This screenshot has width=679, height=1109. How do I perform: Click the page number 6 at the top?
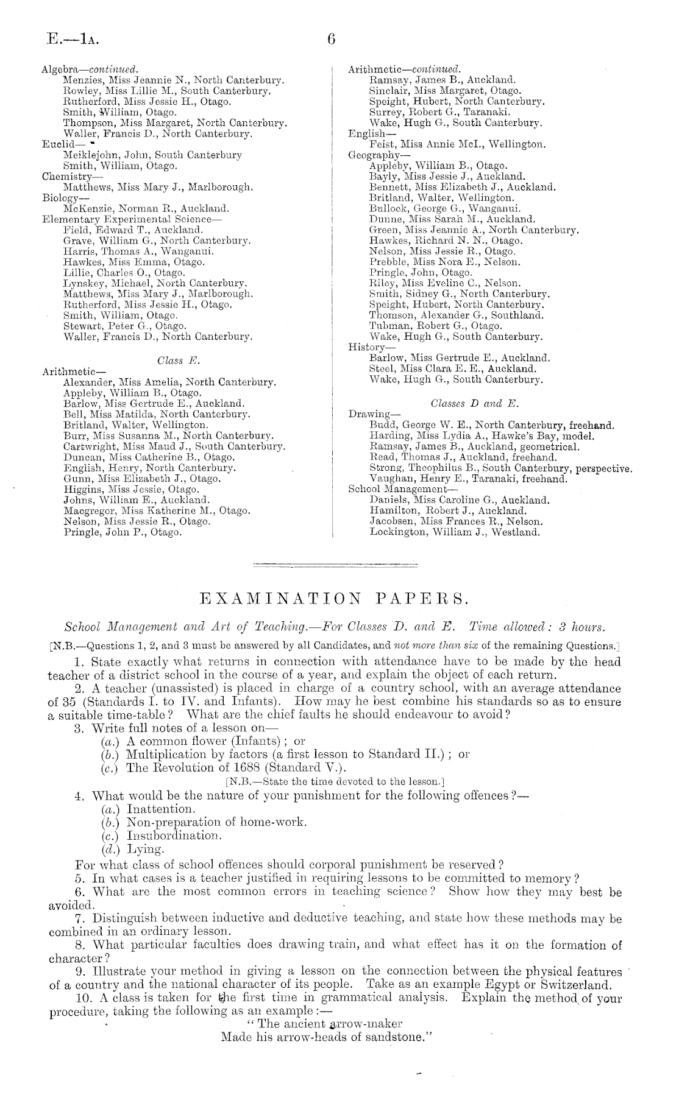pyautogui.click(x=332, y=40)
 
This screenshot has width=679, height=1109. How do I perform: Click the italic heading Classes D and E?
pyautogui.click(x=475, y=404)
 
